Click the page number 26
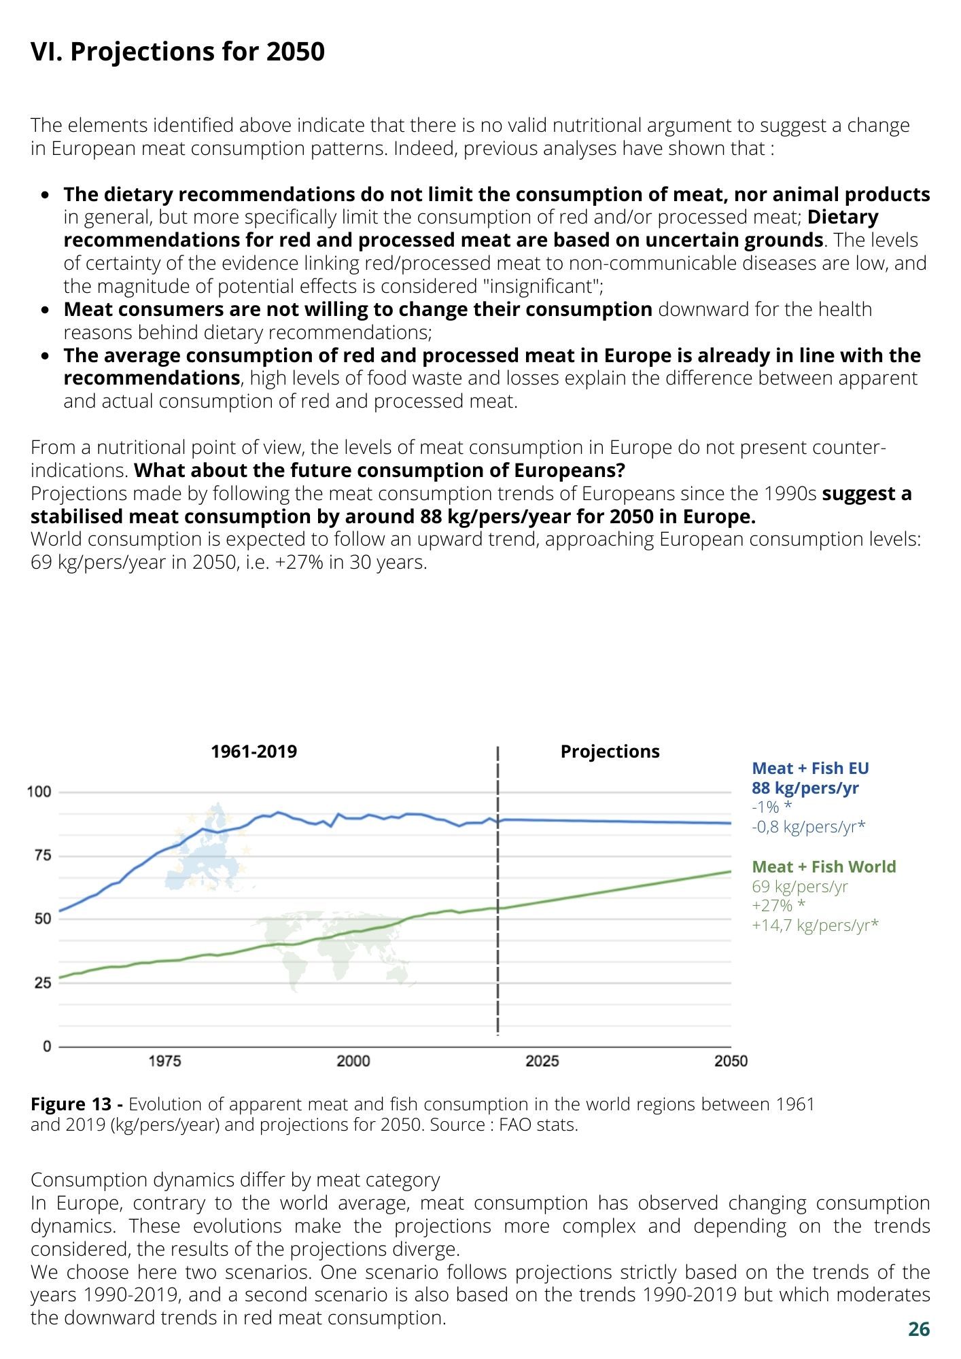click(919, 1330)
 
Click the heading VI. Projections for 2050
click(177, 52)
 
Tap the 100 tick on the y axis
click(39, 792)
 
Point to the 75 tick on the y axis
click(43, 855)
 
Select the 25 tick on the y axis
click(43, 983)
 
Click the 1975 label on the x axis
click(164, 1061)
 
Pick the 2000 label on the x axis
click(353, 1061)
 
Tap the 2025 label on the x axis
click(542, 1061)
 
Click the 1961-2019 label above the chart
click(254, 752)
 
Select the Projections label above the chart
click(610, 752)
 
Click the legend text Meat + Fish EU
click(810, 769)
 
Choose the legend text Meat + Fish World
click(824, 867)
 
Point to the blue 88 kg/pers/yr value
click(805, 788)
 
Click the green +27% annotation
click(779, 906)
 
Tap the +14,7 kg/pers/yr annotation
click(815, 925)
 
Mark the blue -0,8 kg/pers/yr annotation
click(809, 827)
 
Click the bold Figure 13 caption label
click(71, 1105)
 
